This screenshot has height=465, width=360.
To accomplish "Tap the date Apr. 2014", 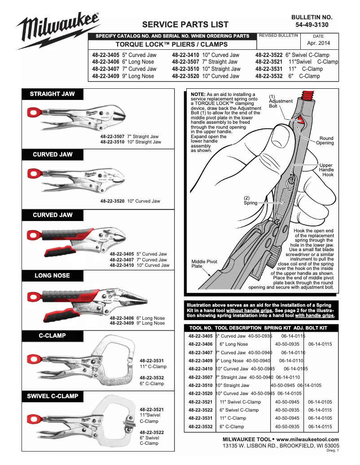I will (318, 43).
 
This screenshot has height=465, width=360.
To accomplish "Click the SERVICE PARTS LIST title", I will (185, 25).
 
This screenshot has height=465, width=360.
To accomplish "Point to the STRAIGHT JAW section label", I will (52, 94).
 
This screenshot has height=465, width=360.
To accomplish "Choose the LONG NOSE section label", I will (52, 275).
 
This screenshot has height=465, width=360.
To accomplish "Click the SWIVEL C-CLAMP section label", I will (52, 396).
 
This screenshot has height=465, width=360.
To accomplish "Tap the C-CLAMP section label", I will (52, 335).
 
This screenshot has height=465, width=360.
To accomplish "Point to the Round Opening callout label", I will (325, 141).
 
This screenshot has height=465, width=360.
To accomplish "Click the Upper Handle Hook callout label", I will (326, 170).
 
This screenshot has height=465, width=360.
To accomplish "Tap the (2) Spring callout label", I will (250, 200).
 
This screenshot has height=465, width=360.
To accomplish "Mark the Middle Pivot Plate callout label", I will (204, 264).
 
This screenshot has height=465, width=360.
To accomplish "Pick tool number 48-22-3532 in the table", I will (201, 426).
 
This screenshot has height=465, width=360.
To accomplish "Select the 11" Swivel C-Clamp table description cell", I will (240, 402).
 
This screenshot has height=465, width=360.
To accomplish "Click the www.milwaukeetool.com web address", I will (307, 439).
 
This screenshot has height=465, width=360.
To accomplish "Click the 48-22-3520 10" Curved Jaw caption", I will (130, 201).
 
